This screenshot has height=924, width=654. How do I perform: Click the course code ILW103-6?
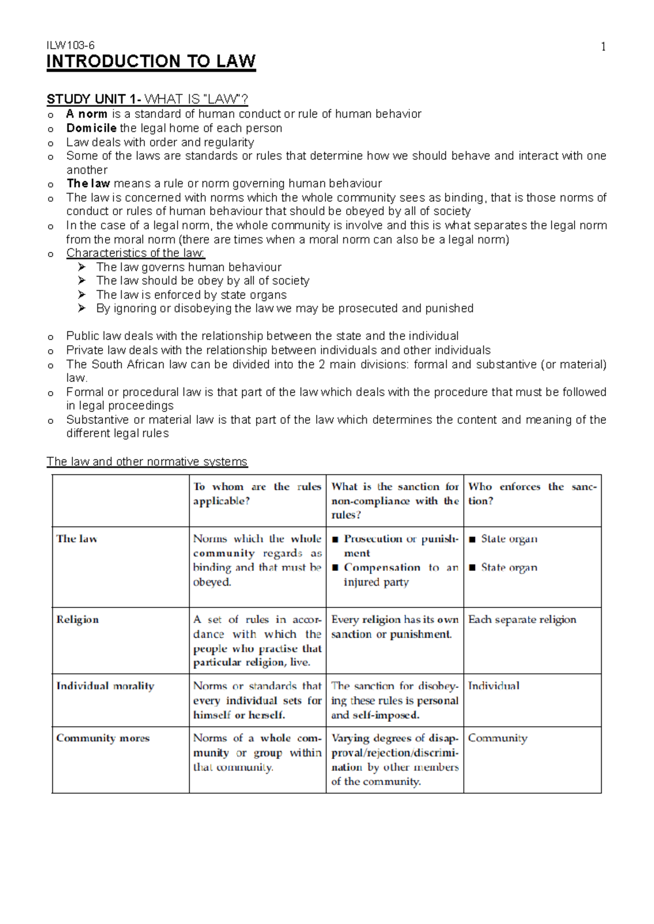[x=70, y=46]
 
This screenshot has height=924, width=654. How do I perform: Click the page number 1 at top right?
[x=603, y=47]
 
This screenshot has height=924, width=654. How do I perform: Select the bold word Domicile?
[x=91, y=128]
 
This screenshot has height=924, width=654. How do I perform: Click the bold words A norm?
[x=86, y=114]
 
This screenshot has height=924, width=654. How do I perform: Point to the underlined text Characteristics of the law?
[x=136, y=253]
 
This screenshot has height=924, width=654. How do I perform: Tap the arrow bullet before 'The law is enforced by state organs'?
[x=82, y=295]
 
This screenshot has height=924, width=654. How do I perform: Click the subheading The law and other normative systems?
[x=147, y=461]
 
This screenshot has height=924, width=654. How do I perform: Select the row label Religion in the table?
[x=77, y=619]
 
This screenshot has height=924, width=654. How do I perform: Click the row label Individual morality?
[x=105, y=686]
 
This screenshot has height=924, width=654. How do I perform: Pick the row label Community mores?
[x=102, y=738]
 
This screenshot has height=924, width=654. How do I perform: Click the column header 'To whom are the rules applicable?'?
[x=257, y=494]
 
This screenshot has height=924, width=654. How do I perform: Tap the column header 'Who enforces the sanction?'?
[x=532, y=494]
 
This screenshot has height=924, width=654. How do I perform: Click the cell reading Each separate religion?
[x=522, y=619]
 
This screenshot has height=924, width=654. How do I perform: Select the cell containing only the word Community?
[x=497, y=738]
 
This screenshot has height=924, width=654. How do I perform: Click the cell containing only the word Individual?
[x=493, y=686]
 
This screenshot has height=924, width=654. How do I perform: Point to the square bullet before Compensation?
[x=335, y=568]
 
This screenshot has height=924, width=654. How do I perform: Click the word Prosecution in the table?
[x=373, y=539]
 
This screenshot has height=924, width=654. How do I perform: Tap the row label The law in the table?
[x=76, y=539]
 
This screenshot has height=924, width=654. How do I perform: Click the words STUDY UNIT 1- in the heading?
[x=94, y=99]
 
